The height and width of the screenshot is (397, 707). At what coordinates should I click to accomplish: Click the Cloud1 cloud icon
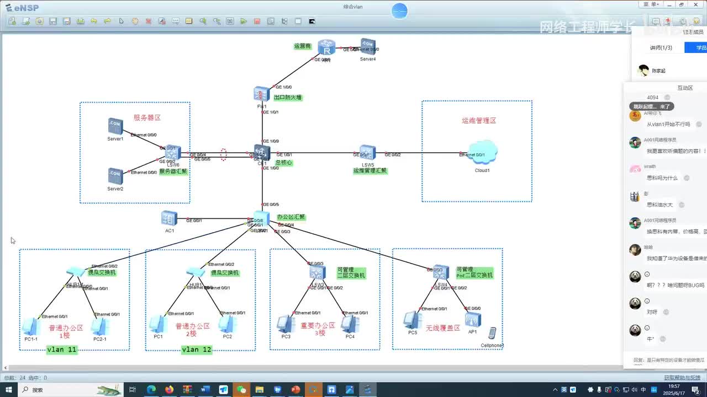482,153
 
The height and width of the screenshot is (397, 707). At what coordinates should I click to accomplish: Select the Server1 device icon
115,126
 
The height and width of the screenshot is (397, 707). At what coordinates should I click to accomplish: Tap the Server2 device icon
115,176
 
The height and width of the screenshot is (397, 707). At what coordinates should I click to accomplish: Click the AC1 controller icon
170,218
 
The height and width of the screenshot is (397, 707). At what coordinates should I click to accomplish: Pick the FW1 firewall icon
262,94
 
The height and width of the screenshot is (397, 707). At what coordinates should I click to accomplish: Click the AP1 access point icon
473,319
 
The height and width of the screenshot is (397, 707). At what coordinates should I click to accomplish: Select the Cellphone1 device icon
492,333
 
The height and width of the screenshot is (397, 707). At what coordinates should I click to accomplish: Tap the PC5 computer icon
412,320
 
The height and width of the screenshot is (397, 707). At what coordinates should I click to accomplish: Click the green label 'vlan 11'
62,350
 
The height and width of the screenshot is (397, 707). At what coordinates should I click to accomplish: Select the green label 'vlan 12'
197,350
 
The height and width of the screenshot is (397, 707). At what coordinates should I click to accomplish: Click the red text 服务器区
147,117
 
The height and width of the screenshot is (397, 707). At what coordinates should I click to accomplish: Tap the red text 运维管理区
479,120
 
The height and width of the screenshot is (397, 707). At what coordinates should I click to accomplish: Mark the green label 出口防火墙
288,98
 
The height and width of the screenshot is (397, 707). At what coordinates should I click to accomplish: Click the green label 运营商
303,46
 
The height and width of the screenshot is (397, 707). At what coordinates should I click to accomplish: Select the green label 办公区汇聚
291,217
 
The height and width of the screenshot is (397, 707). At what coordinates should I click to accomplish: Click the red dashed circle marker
224,154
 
